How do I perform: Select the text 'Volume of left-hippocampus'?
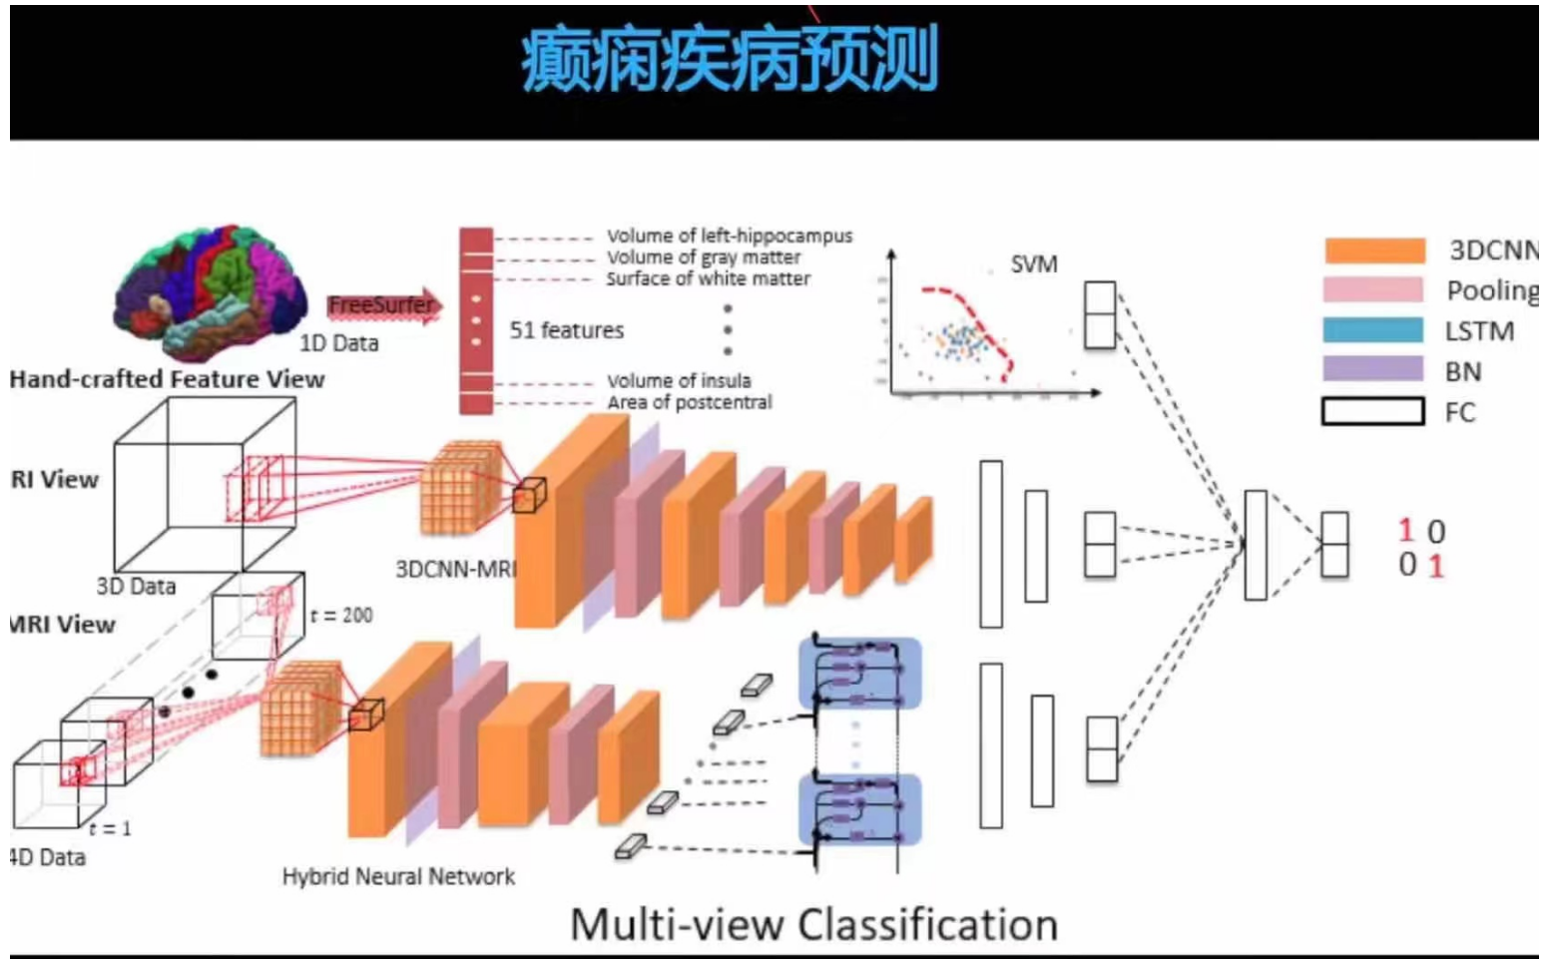pyautogui.click(x=730, y=236)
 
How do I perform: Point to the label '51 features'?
pyautogui.click(x=566, y=330)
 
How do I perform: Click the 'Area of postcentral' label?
pyautogui.click(x=689, y=402)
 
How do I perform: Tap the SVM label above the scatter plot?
pyautogui.click(x=1033, y=264)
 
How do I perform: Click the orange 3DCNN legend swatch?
pyautogui.click(x=1373, y=250)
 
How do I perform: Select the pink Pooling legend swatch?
pyautogui.click(x=1373, y=290)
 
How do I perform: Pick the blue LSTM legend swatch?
pyautogui.click(x=1373, y=330)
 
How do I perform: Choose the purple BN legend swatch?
pyautogui.click(x=1373, y=370)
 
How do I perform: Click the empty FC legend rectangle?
pyautogui.click(x=1373, y=411)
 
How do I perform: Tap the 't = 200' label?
pyautogui.click(x=341, y=616)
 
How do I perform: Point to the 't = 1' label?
pyautogui.click(x=110, y=828)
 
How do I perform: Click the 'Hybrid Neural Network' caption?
pyautogui.click(x=398, y=877)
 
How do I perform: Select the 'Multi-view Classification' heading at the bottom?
pyautogui.click(x=813, y=924)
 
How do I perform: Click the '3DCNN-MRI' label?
pyautogui.click(x=455, y=570)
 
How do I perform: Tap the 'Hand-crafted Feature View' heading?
pyautogui.click(x=167, y=379)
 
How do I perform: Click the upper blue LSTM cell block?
pyautogui.click(x=859, y=673)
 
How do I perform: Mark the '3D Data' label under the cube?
pyautogui.click(x=136, y=587)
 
